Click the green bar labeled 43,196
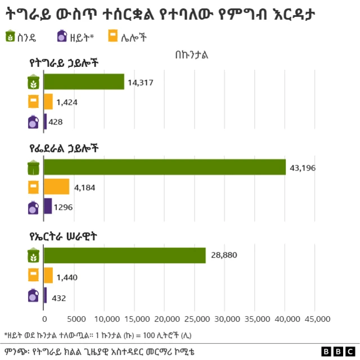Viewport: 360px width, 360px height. tap(165, 167)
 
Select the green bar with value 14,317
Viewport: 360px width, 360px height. tap(84, 82)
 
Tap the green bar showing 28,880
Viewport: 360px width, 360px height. tap(125, 255)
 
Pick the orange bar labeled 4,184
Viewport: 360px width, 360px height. tap(56, 187)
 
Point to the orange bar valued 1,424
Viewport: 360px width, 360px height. tap(48, 102)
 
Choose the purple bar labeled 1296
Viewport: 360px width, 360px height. tap(48, 206)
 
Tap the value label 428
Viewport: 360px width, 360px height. tap(56, 122)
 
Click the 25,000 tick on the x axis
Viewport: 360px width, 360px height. tap(194, 319)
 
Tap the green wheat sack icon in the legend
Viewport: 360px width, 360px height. tap(10, 37)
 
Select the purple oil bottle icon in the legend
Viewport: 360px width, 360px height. tap(61, 37)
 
